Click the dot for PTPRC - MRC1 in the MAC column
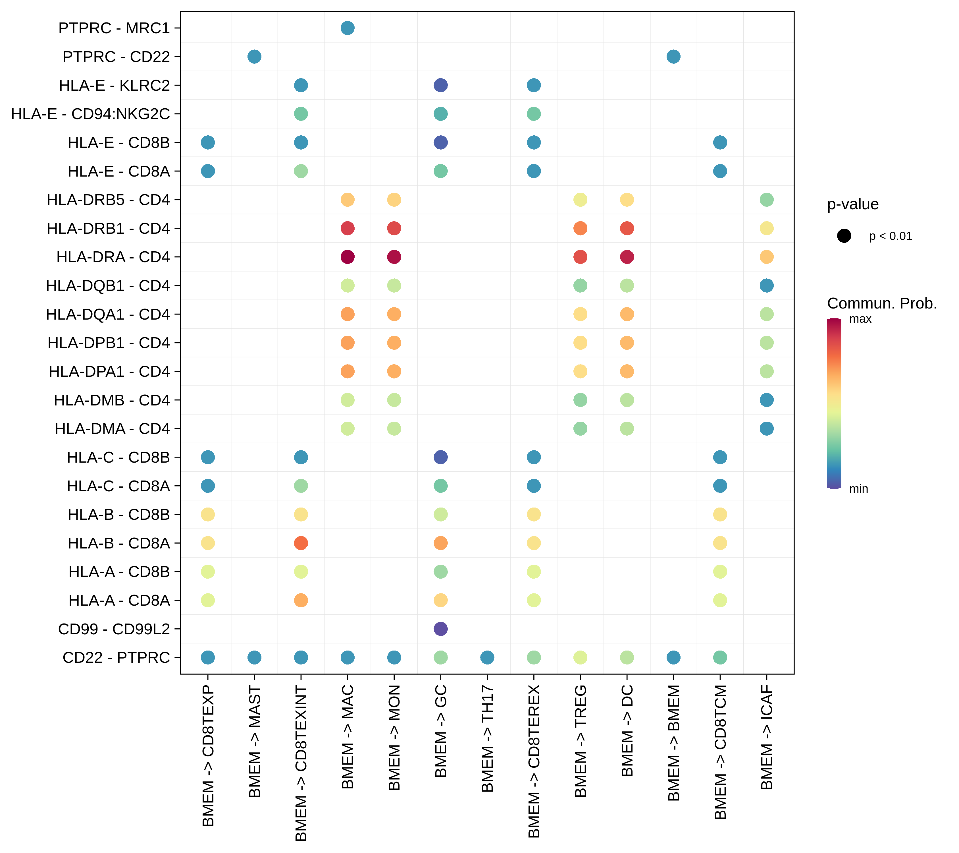[x=347, y=28]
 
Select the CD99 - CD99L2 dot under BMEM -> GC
[x=440, y=629]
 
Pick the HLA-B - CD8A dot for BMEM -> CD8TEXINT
[x=301, y=543]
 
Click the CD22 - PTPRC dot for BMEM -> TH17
[x=487, y=657]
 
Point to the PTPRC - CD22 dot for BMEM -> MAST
[x=254, y=57]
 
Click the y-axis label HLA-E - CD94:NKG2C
[x=90, y=114]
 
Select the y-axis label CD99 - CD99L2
[x=114, y=629]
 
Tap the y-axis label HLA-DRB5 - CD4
[x=108, y=200]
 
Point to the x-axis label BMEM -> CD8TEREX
[x=534, y=761]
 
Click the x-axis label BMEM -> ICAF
[x=767, y=737]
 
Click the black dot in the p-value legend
[x=844, y=236]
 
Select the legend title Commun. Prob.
[x=882, y=304]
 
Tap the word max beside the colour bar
[x=860, y=319]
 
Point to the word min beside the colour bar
[x=859, y=489]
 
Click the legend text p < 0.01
[x=890, y=236]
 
